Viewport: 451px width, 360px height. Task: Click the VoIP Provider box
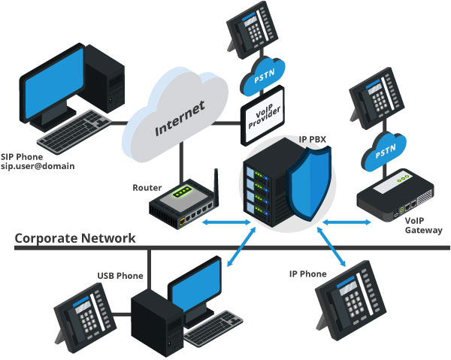pos(264,119)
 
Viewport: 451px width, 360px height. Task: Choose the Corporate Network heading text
pos(75,238)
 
